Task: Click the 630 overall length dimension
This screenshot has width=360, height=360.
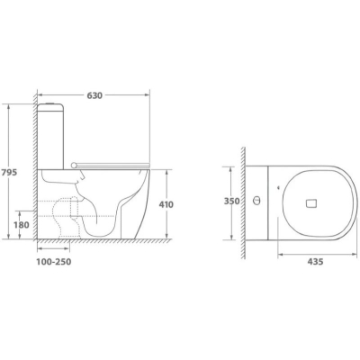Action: (x=94, y=95)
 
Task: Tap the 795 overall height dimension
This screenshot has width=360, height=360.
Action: (x=9, y=173)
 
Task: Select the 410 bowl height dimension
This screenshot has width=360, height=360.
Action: (x=166, y=204)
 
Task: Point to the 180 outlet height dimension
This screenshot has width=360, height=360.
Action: (x=21, y=224)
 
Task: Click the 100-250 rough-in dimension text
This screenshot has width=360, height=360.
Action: (x=54, y=262)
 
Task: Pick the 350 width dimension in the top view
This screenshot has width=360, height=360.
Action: (x=232, y=201)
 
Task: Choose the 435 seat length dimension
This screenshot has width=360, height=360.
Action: (x=315, y=262)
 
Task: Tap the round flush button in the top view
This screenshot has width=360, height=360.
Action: (x=256, y=201)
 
